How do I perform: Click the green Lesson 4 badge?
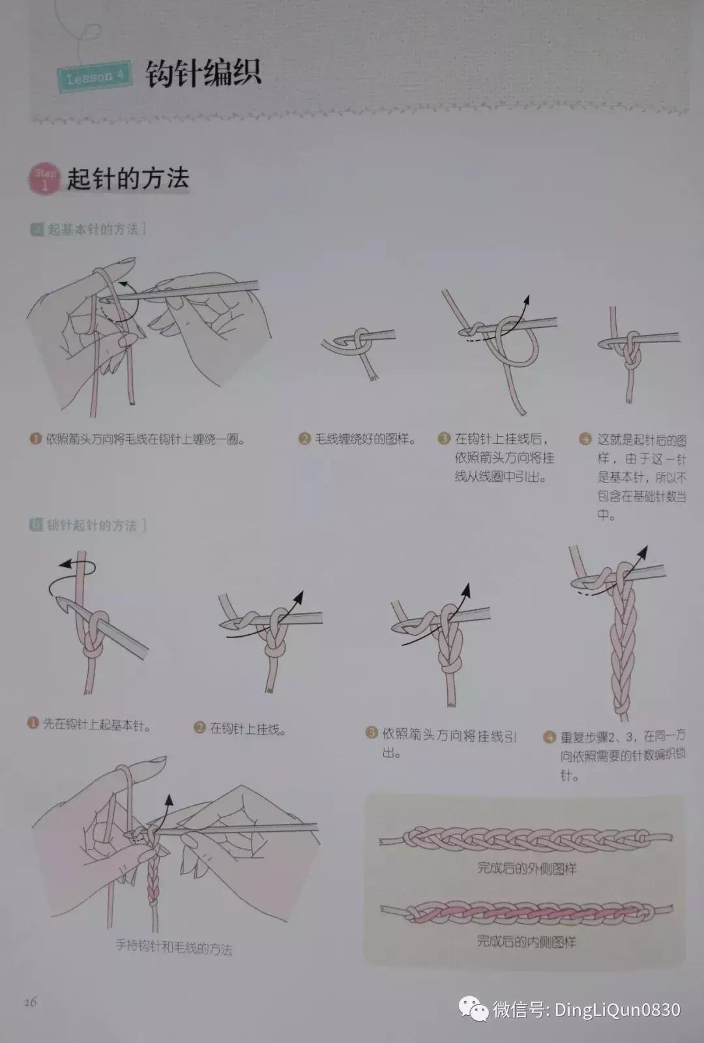94,78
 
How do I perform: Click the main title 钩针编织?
203,74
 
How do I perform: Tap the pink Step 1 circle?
44,179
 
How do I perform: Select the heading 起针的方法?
128,178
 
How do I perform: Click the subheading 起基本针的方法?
93,229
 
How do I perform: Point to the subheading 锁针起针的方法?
92,525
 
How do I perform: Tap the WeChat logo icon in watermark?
474,1010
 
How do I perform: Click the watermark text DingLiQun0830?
617,1010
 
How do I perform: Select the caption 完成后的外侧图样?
527,869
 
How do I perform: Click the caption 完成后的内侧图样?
527,941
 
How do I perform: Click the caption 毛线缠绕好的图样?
366,439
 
